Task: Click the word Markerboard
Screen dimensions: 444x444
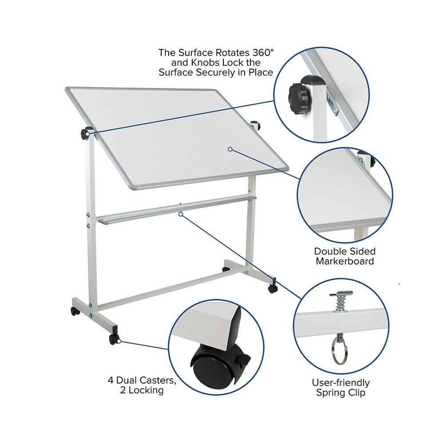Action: [x=345, y=261]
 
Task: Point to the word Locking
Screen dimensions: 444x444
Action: [x=146, y=390]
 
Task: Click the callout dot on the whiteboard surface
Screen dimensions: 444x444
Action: [x=230, y=149]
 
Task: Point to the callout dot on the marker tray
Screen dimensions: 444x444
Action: [x=180, y=214]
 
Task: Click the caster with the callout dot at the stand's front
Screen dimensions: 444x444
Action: [x=114, y=339]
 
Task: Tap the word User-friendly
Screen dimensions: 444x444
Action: [x=341, y=383]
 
